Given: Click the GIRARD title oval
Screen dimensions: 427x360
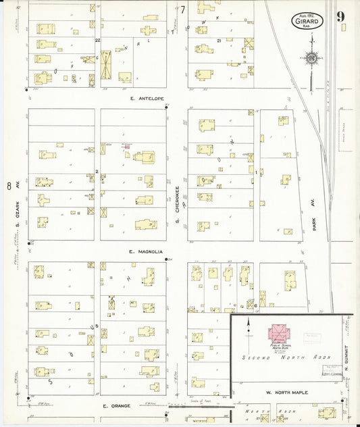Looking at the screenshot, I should pos(308,21).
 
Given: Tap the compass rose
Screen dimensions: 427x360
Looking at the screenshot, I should pos(311,59).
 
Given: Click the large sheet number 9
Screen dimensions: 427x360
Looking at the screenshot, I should pos(342,16).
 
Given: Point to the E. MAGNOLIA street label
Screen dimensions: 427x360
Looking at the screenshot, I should pos(145,252).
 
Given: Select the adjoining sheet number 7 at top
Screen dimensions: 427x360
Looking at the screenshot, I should pos(182,9).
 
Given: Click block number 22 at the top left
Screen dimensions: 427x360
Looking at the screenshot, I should pos(98,41).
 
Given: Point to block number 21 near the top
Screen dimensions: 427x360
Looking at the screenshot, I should pos(220,41).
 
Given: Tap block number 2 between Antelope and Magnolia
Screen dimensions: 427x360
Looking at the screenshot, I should pos(98,172).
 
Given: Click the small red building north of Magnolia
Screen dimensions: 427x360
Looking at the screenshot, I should pos(126,146).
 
